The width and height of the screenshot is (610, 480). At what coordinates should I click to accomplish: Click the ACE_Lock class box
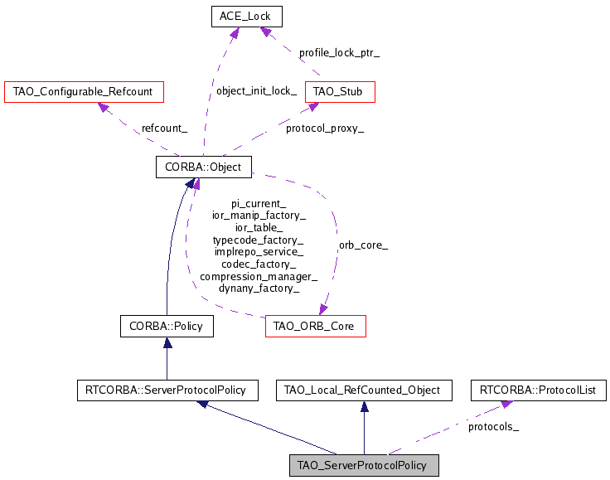[x=246, y=16]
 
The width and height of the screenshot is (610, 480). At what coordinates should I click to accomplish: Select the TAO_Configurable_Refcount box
[x=84, y=91]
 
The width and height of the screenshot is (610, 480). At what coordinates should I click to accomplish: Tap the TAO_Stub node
[x=340, y=91]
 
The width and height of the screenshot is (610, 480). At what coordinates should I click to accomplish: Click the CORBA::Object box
[x=204, y=167]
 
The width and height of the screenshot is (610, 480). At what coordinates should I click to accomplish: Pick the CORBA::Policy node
[x=167, y=326]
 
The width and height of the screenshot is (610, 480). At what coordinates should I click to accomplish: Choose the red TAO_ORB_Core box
[x=316, y=326]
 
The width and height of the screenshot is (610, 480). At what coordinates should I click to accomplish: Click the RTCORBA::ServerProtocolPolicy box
[x=167, y=389]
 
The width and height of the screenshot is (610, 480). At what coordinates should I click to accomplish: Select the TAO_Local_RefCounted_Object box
[x=363, y=389]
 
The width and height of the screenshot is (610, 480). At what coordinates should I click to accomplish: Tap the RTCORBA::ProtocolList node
[x=539, y=389]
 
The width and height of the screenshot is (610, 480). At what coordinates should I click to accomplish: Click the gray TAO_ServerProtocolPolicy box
[x=363, y=464]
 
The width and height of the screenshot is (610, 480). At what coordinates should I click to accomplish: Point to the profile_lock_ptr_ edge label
[x=340, y=52]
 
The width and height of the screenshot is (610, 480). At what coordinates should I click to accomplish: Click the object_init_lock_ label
[x=256, y=91]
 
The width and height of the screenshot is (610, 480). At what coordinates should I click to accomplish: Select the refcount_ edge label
[x=164, y=128]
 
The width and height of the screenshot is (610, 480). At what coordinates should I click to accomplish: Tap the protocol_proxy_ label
[x=325, y=128]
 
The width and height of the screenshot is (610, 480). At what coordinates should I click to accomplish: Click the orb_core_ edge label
[x=363, y=245]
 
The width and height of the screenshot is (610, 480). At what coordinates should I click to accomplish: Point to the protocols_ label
[x=493, y=427]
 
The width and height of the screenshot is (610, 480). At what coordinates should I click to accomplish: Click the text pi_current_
[x=259, y=203]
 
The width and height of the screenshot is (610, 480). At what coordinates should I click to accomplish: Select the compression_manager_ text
[x=259, y=276]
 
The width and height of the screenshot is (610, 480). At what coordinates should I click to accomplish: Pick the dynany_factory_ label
[x=259, y=288]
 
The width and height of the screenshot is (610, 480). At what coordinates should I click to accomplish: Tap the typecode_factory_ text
[x=259, y=240]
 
